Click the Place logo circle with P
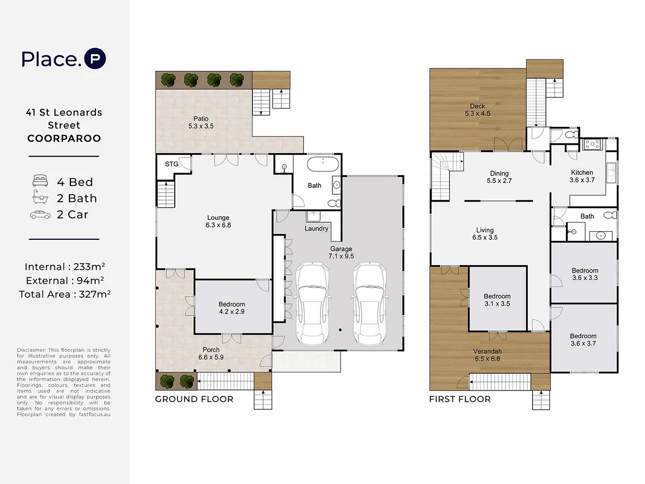[x=95, y=59]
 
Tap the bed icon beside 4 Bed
[x=40, y=181]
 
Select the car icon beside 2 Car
[x=40, y=215]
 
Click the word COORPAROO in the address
[x=64, y=138]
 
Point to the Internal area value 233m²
[x=89, y=266]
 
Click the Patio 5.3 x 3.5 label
[x=201, y=123]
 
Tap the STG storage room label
[x=172, y=164]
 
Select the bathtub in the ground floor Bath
[x=323, y=165]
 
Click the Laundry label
[x=316, y=229]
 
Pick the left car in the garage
[x=312, y=304]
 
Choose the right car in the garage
[x=369, y=304]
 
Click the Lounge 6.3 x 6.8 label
[x=218, y=221]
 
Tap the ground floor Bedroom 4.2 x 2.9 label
[x=232, y=308]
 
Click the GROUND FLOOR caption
[x=194, y=399]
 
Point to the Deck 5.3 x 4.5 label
[x=478, y=110]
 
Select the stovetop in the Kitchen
[x=592, y=144]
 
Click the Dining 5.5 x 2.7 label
[x=499, y=177]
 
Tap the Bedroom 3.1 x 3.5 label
[x=497, y=300]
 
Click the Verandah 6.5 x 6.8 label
[x=487, y=355]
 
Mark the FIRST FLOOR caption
[x=460, y=399]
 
